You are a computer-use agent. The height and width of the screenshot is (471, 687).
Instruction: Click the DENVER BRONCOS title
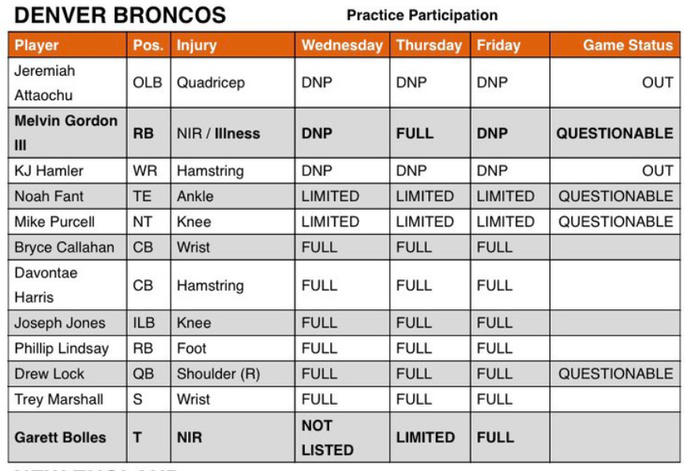point(120,15)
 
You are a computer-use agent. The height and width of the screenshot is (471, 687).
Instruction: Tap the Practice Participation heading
point(422,15)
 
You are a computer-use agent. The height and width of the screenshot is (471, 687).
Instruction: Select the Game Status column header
point(628,45)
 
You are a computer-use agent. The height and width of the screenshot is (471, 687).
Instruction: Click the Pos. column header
point(148,45)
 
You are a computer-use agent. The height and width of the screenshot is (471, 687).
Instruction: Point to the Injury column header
point(197,46)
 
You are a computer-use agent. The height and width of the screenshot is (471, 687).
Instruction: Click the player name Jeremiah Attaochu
point(44,83)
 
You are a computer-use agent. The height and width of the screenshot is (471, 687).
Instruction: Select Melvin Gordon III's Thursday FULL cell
point(415,133)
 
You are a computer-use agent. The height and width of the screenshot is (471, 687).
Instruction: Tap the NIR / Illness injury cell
point(218,133)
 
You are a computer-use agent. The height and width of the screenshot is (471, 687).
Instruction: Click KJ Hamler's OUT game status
point(657,170)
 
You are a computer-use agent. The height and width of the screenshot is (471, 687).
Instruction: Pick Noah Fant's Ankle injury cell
point(195,196)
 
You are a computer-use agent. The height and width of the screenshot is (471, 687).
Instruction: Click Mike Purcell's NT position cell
point(142,222)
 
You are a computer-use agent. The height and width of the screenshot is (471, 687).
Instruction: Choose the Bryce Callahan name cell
point(64,247)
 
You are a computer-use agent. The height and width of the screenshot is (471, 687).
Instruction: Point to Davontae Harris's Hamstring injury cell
point(210,286)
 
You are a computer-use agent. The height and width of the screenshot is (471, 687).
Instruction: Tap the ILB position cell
point(144,323)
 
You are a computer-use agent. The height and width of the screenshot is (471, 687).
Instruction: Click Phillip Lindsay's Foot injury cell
point(191,348)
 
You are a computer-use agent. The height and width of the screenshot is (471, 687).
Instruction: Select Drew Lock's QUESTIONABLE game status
point(615,373)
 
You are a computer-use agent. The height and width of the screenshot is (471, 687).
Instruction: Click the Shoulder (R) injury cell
point(218,374)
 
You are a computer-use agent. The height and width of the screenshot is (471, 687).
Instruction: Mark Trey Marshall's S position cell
point(137,399)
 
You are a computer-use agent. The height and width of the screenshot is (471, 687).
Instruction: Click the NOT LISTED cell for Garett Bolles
point(327,437)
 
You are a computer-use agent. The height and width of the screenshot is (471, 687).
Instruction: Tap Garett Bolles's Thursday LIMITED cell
point(425,437)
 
